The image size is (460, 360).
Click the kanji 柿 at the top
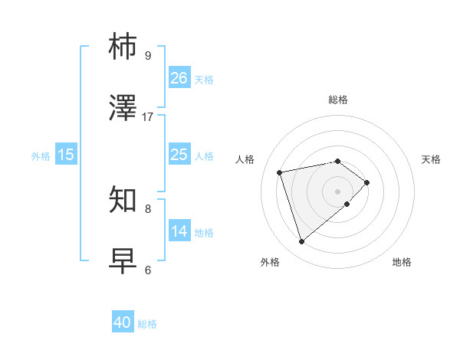(123, 47)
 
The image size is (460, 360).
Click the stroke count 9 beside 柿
(148, 55)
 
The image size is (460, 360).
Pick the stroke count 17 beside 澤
(148, 116)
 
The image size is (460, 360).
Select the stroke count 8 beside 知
(148, 208)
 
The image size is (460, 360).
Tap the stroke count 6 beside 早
(148, 270)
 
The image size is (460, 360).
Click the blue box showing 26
(179, 78)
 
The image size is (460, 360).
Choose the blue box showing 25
(179, 155)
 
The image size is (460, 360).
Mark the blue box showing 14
(179, 231)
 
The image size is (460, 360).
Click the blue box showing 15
(66, 155)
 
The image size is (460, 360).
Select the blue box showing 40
(123, 323)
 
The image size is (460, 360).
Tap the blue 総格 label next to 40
(147, 324)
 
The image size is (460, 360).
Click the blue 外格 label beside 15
(41, 155)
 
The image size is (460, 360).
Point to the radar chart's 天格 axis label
(431, 159)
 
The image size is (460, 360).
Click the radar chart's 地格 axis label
(402, 262)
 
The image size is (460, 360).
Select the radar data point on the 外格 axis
(301, 242)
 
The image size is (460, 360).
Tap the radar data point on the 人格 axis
(280, 172)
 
